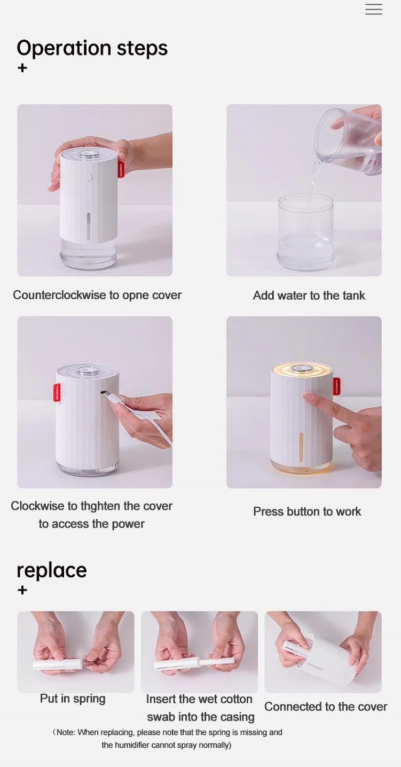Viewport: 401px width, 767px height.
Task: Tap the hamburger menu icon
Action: (374, 9)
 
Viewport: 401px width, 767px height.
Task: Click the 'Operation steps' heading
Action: (92, 48)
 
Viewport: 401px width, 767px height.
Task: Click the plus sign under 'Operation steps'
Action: (22, 68)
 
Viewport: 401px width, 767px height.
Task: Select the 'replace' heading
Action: (52, 570)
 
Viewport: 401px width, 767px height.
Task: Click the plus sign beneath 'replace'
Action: (22, 590)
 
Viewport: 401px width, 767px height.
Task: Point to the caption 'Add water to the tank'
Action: (309, 296)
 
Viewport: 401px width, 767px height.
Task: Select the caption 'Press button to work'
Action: (307, 512)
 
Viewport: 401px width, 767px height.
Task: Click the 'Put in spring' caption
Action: (73, 699)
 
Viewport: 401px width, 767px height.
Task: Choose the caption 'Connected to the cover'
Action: (325, 707)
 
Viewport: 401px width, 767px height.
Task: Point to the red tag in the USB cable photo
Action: (56, 392)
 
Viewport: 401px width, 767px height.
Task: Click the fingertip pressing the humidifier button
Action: (307, 397)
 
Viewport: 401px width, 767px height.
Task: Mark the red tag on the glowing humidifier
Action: (337, 386)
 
